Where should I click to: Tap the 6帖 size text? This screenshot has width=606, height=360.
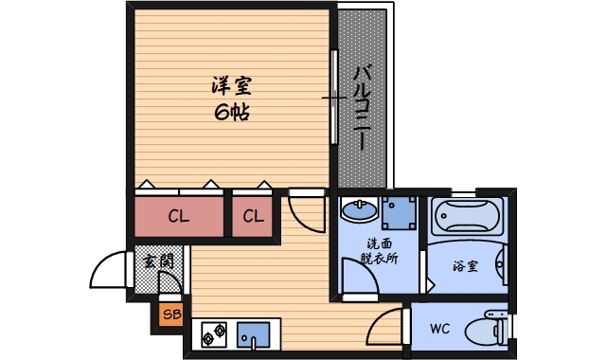[x=233, y=112]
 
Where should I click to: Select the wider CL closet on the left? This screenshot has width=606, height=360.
[x=178, y=216]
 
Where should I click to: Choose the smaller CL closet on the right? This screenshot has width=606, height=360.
[x=253, y=216]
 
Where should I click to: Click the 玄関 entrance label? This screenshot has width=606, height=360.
[x=158, y=261]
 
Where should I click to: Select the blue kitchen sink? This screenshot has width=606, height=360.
[x=253, y=334]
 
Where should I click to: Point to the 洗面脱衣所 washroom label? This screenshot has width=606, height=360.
[x=380, y=250]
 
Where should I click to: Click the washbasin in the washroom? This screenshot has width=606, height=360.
[x=359, y=209]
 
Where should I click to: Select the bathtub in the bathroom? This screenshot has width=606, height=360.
[x=468, y=217]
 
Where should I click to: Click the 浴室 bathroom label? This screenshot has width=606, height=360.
[x=465, y=266]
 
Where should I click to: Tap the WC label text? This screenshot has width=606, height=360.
[x=439, y=330]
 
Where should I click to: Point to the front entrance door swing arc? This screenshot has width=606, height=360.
[x=106, y=272]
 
